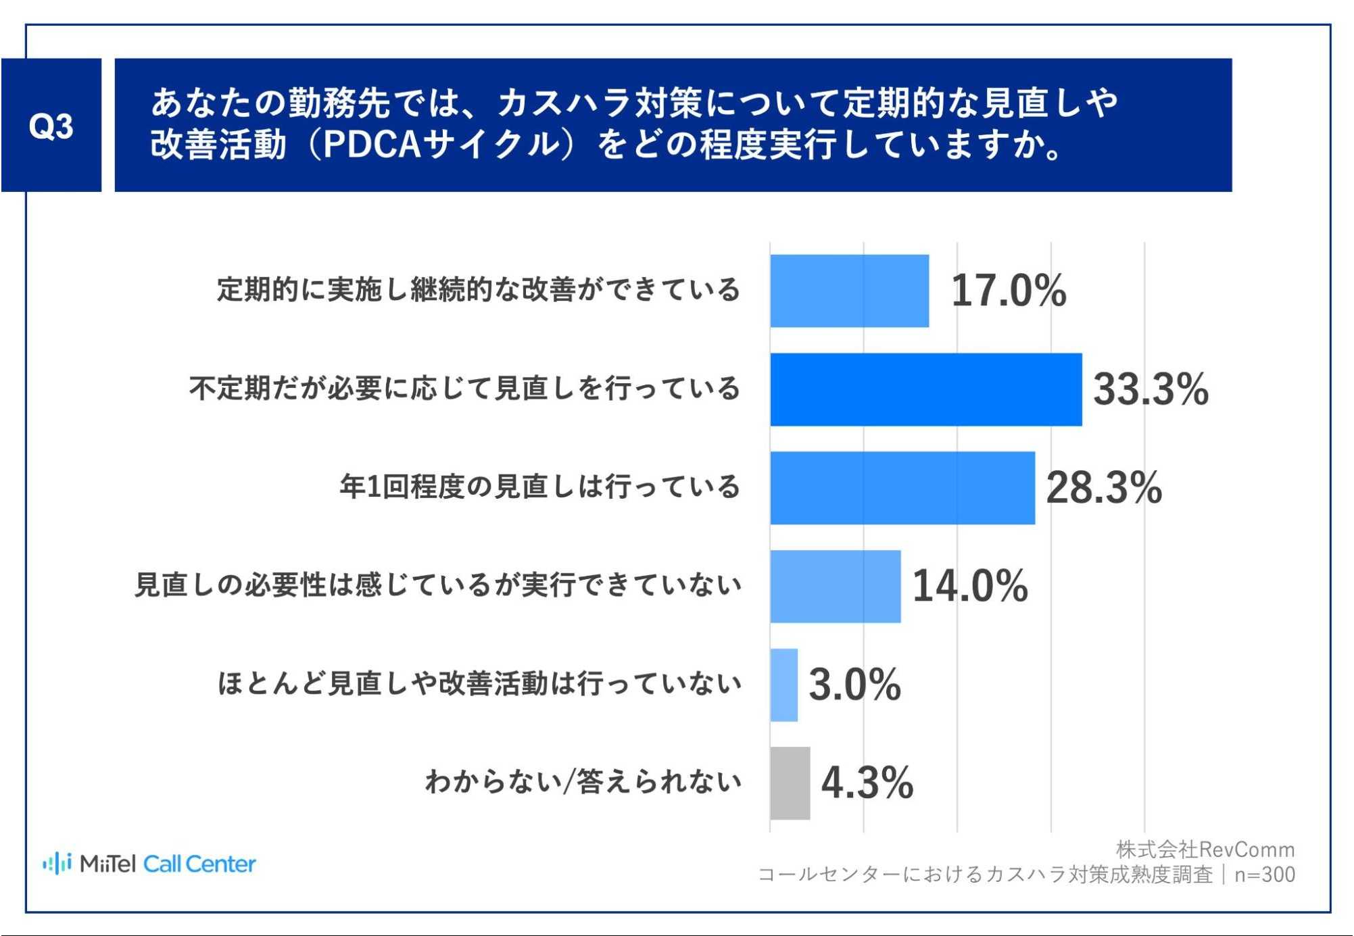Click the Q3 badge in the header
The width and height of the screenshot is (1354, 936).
pos(51,126)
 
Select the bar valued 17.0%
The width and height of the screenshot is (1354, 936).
pos(849,291)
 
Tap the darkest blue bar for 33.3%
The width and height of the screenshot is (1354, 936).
pos(925,389)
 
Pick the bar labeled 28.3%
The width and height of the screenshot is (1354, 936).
pos(902,488)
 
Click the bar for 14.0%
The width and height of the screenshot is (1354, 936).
pos(836,586)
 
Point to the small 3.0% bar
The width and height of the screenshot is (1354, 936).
pos(784,685)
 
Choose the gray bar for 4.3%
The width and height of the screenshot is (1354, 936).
pos(790,783)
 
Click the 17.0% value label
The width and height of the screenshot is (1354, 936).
pos(1009,291)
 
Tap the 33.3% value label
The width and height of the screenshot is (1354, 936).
pos(1151,389)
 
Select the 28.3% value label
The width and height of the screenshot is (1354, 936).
pos(1103,488)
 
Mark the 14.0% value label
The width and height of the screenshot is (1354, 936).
pos(970,586)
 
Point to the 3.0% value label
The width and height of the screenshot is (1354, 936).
pos(854,685)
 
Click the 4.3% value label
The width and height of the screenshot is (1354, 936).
pos(867,783)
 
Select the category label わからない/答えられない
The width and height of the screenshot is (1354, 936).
pos(583,782)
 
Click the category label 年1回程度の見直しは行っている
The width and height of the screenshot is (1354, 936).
pos(539,487)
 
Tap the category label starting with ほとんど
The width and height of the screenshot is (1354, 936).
pos(479,683)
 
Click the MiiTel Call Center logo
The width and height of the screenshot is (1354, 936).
pos(149,864)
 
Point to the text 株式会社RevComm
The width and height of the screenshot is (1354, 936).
pos(1205,849)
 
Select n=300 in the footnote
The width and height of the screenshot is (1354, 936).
pos(1264,875)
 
